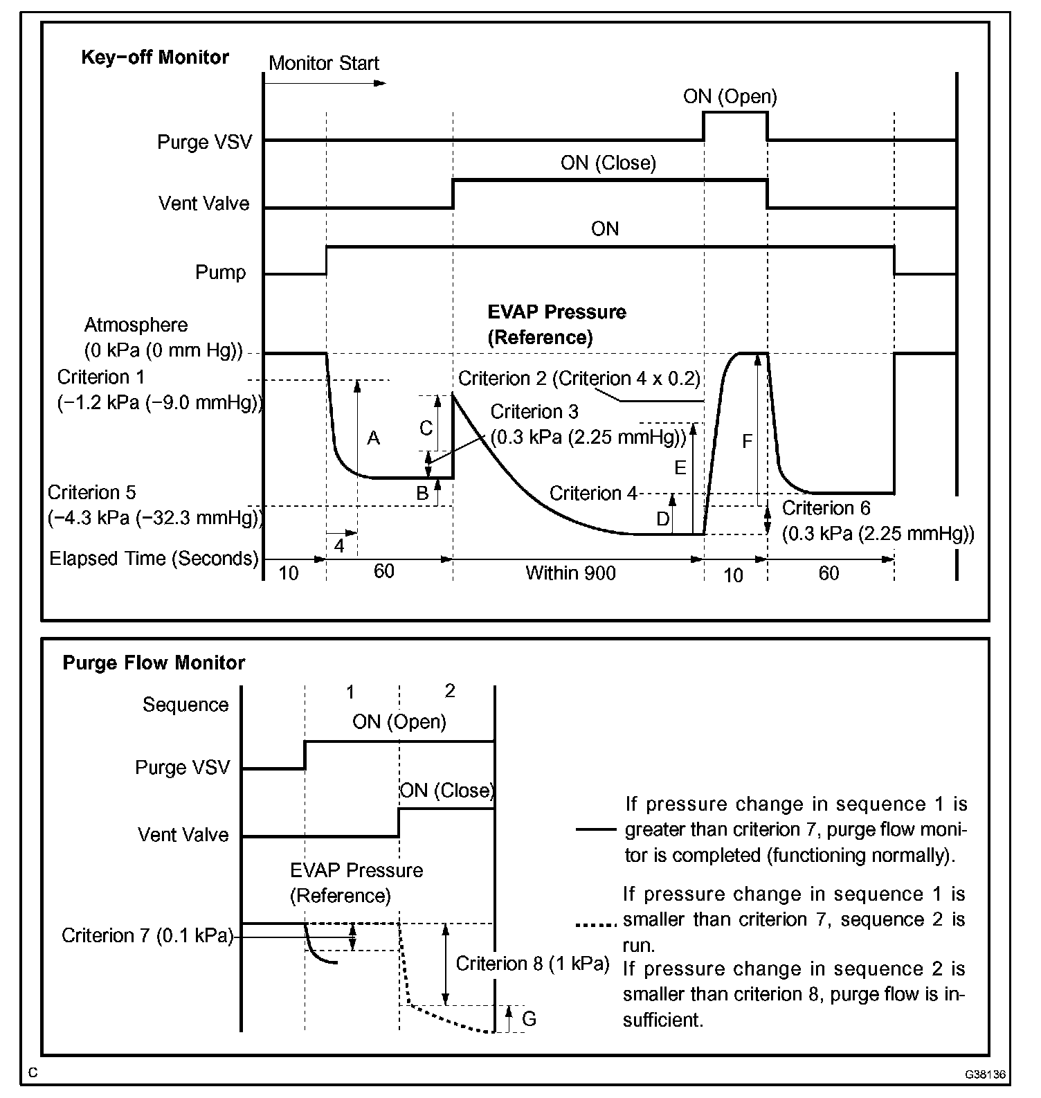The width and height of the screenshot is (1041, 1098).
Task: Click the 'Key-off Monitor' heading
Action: (x=155, y=57)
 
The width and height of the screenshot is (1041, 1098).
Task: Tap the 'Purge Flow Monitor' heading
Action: (x=154, y=663)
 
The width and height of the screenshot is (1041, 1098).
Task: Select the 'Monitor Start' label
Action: (x=323, y=64)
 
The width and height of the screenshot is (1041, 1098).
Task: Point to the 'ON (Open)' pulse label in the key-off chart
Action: (x=730, y=96)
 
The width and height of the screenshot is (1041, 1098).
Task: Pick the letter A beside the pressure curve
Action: (x=373, y=438)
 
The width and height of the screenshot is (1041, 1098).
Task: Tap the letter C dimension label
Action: (x=426, y=428)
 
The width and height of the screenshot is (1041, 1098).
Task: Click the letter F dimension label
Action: (x=747, y=441)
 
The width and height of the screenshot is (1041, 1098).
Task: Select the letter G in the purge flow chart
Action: (x=529, y=1018)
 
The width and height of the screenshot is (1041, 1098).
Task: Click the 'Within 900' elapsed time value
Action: (x=570, y=573)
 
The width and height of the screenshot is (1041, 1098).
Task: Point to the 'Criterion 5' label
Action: (x=92, y=493)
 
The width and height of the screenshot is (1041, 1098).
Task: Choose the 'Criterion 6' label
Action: (x=826, y=508)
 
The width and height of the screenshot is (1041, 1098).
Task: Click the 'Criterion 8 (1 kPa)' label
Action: (x=532, y=964)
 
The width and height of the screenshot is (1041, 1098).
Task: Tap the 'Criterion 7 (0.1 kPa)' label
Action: (x=147, y=935)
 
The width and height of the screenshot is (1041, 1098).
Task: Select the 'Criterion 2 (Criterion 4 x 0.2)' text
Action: (x=579, y=379)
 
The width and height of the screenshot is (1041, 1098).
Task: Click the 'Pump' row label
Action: (x=220, y=272)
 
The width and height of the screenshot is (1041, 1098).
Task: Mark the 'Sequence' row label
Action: (x=185, y=705)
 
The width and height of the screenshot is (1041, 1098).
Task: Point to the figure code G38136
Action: (x=986, y=1074)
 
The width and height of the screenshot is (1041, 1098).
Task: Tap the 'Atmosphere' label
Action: (x=136, y=325)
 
